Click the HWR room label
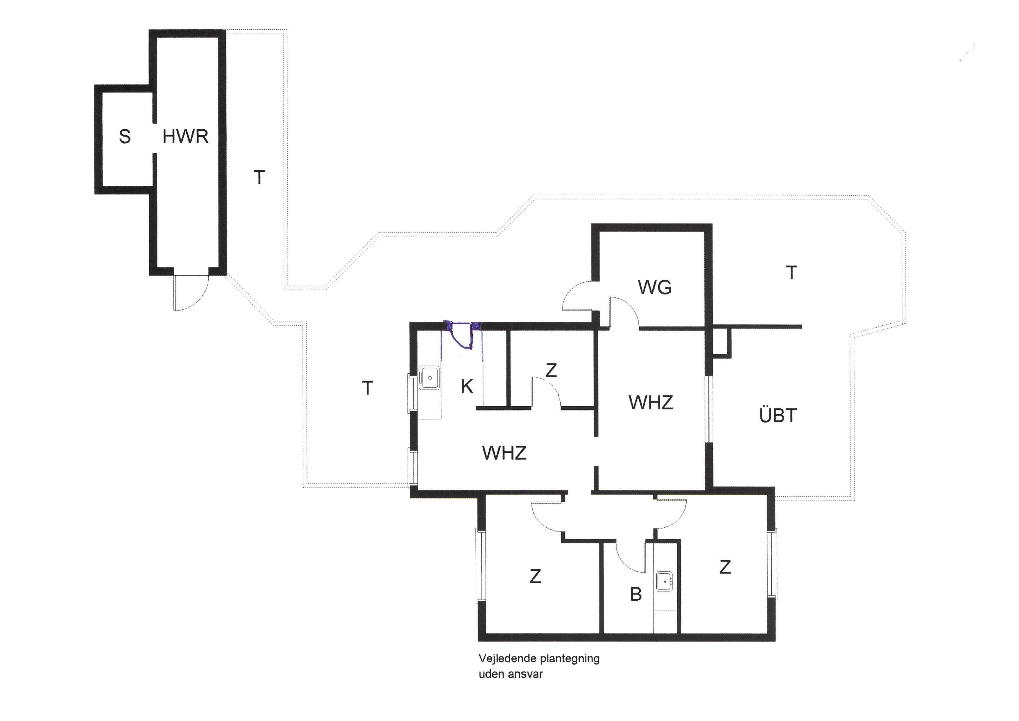coord(185,136)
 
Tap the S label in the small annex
coord(125,136)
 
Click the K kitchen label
coord(467,387)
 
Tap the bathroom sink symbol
coord(665,581)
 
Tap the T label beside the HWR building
coord(259,178)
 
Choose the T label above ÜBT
coord(791,273)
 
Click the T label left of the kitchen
coord(368,388)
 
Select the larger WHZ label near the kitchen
coord(504,453)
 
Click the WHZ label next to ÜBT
coord(651,402)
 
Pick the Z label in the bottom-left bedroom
coord(535,576)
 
